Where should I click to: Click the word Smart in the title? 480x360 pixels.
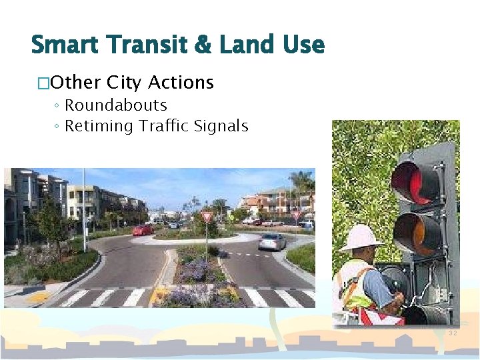pos(63,45)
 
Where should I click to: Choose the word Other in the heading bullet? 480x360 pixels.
pos(76,83)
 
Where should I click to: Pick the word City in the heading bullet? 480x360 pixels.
pos(124,83)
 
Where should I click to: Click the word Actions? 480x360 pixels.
pos(181,83)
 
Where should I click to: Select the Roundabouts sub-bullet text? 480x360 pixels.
pos(116,105)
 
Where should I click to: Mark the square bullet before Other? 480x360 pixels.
pos(44,83)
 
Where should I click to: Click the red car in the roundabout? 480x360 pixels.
pos(142,230)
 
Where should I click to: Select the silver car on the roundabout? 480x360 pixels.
pos(271,241)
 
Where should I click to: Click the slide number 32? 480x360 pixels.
pos(453,333)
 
